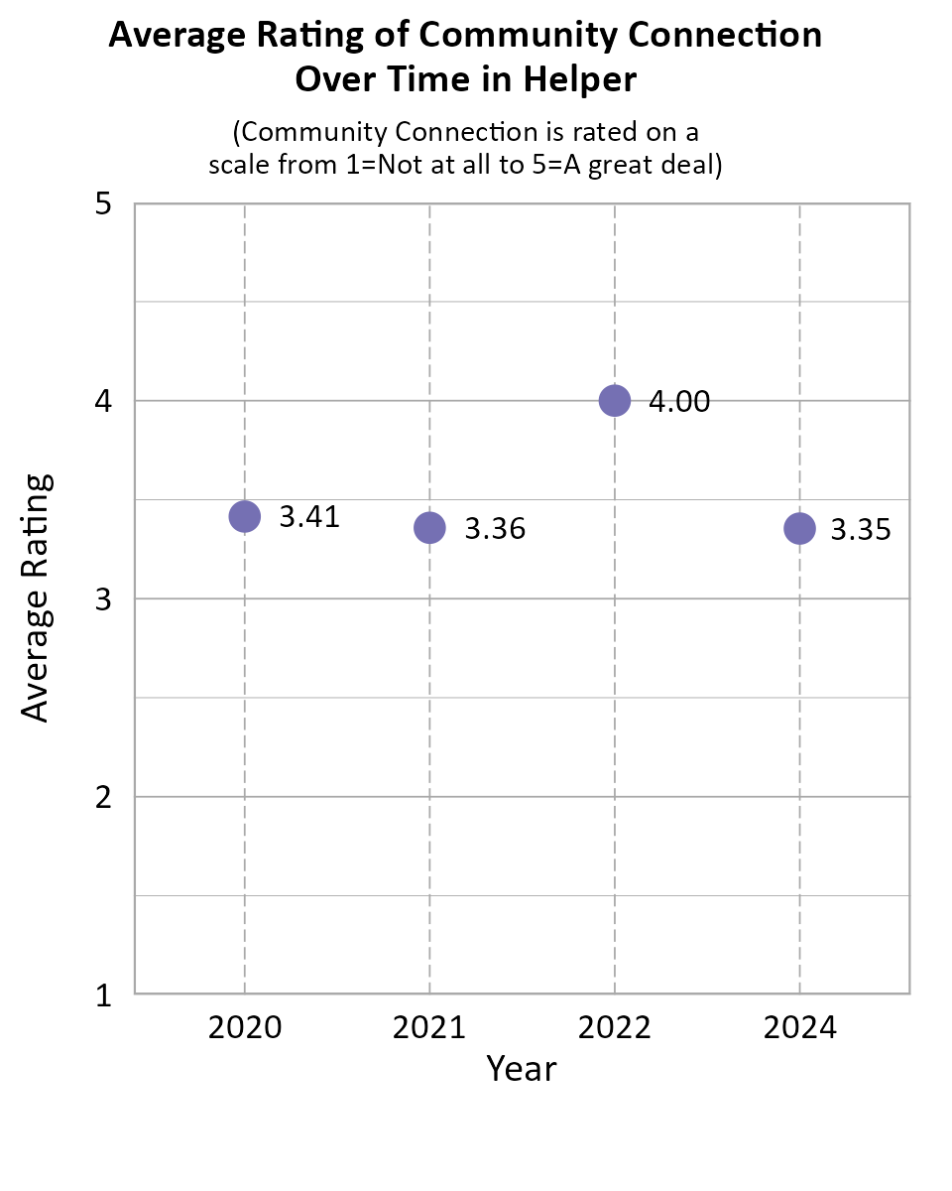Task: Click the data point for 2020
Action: (244, 516)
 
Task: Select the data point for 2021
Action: (429, 528)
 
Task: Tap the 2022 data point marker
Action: (615, 401)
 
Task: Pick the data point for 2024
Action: (799, 529)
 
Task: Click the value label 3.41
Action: (309, 517)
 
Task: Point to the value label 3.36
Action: (495, 529)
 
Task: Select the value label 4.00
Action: (679, 402)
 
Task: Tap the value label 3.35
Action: (860, 530)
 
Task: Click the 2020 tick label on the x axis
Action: (245, 1027)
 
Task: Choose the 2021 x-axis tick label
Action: (429, 1027)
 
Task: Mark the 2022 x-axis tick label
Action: (615, 1027)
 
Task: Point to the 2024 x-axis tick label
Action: (799, 1027)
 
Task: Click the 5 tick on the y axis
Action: (102, 204)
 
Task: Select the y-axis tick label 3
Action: (102, 599)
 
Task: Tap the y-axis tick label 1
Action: (102, 995)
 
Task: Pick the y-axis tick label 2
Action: (102, 797)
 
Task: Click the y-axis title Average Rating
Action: (36, 598)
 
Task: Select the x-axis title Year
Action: (522, 1069)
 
